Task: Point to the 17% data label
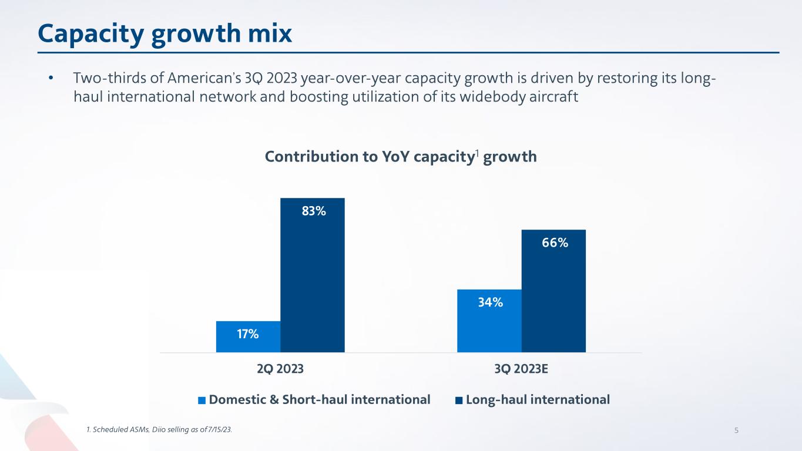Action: [248, 334]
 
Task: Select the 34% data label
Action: [489, 302]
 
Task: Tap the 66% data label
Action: [555, 243]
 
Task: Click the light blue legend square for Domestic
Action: [202, 400]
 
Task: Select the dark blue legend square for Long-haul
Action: [459, 400]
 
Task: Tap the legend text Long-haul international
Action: [538, 400]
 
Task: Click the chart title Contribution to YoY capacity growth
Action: [401, 157]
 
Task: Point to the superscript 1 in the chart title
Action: [478, 154]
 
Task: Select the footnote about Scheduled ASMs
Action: [159, 430]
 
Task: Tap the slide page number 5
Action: [737, 430]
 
